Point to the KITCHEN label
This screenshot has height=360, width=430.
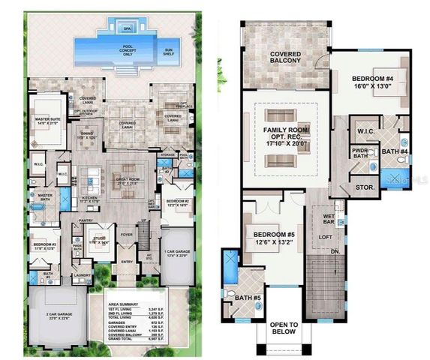pyautogui.click(x=89, y=198)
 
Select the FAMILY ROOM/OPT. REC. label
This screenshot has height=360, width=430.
pyautogui.click(x=285, y=139)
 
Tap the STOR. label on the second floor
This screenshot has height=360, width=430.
pyautogui.click(x=362, y=187)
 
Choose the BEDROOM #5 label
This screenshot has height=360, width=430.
pyautogui.click(x=262, y=238)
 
